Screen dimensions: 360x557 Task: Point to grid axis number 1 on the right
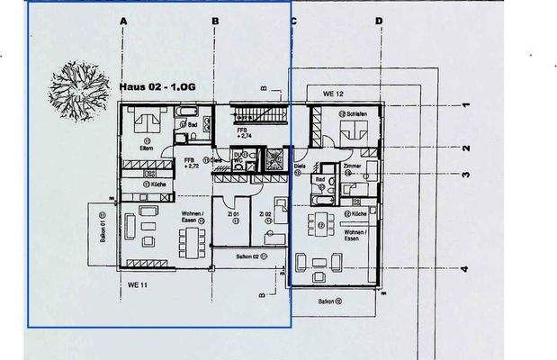pos(464,105)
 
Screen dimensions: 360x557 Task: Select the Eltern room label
pos(148,148)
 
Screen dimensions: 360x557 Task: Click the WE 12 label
pos(334,94)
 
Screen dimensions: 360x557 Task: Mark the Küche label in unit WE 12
pos(356,214)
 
